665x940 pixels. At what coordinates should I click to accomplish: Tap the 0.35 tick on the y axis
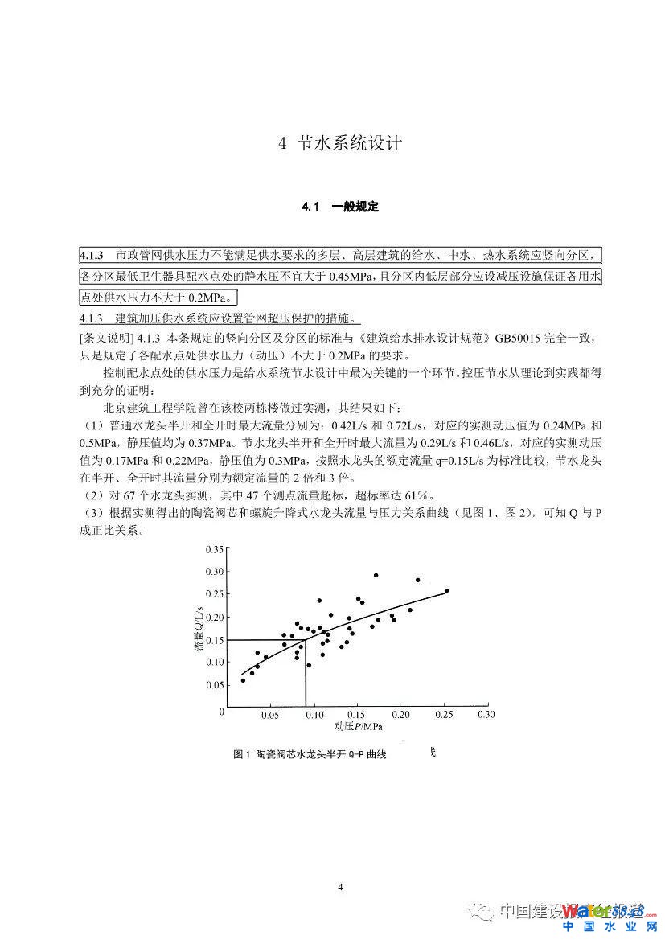tap(213, 549)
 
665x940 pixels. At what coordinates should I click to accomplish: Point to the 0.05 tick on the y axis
tap(213, 685)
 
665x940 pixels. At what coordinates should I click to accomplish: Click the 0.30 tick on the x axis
tap(486, 713)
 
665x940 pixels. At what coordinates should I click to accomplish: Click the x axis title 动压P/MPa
tap(359, 726)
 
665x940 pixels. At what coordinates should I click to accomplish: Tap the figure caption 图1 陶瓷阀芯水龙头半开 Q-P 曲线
tap(310, 755)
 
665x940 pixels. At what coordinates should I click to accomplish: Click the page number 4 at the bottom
tap(340, 887)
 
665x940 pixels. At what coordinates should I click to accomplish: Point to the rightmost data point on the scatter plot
tap(446, 591)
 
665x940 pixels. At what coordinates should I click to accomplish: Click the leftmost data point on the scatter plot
tap(243, 680)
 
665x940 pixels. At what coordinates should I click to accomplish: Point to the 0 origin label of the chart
tap(221, 712)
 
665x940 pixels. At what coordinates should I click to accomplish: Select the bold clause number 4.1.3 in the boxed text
tap(92, 256)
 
